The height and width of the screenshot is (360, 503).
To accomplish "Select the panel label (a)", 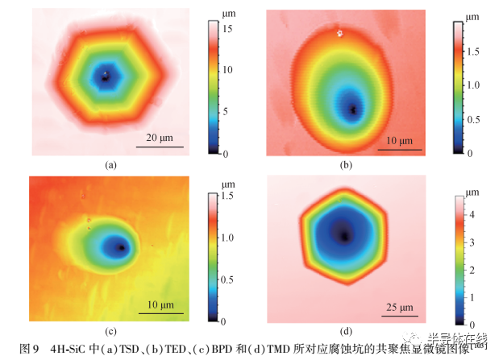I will tap(111, 164).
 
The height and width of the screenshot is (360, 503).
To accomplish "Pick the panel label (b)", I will tap(347, 165).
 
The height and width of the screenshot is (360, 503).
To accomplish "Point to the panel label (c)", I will tap(111, 331).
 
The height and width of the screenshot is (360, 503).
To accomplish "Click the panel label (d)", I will tap(347, 331).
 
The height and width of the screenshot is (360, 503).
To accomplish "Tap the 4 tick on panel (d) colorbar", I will tap(473, 214).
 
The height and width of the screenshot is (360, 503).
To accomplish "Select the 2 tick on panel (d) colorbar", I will tap(473, 268).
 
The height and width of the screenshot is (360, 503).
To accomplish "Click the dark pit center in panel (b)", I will tap(352, 107).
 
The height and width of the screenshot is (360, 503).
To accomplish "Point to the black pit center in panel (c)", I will tap(121, 247).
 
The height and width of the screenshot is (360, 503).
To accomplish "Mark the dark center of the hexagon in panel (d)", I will tap(344, 236).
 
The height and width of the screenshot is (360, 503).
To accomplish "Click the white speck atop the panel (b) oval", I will tap(340, 34).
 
